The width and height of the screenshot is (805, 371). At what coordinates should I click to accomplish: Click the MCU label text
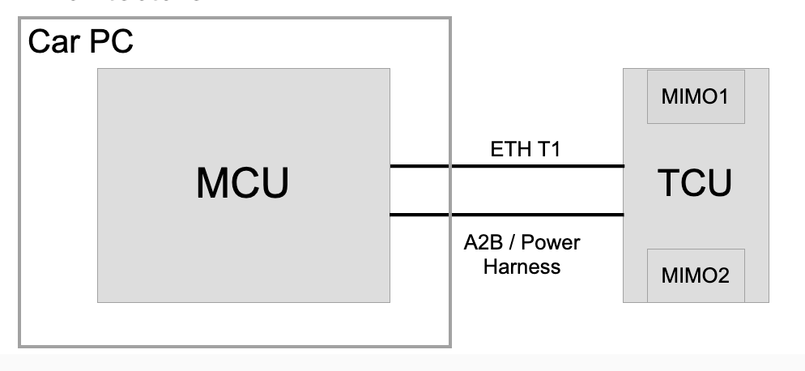242,185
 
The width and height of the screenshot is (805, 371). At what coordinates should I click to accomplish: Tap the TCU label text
696,185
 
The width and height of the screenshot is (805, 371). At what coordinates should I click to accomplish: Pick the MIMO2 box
696,276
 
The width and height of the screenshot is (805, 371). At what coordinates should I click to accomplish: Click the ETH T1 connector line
507,166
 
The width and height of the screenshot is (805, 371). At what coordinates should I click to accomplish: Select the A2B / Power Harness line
507,215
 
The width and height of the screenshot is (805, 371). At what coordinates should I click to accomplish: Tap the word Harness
522,266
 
